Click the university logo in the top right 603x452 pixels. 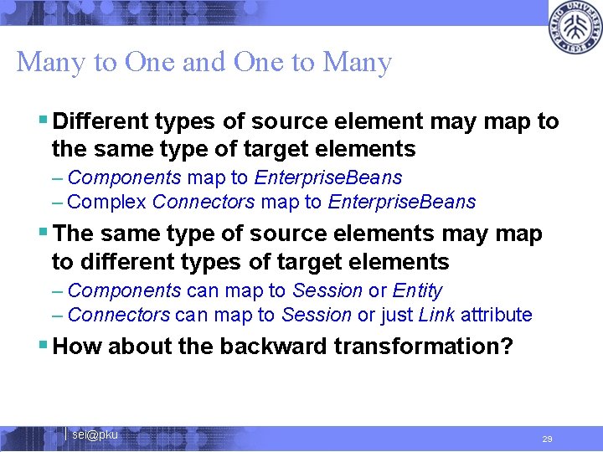(575, 28)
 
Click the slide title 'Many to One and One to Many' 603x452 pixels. (204, 62)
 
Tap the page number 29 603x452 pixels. (547, 439)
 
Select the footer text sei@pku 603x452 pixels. (95, 434)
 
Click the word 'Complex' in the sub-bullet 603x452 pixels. (107, 202)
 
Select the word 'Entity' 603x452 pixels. (417, 290)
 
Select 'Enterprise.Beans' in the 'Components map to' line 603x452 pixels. (328, 177)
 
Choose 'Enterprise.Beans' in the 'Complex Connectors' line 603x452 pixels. (402, 202)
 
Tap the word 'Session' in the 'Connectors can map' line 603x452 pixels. (317, 315)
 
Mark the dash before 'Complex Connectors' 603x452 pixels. (57, 202)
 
